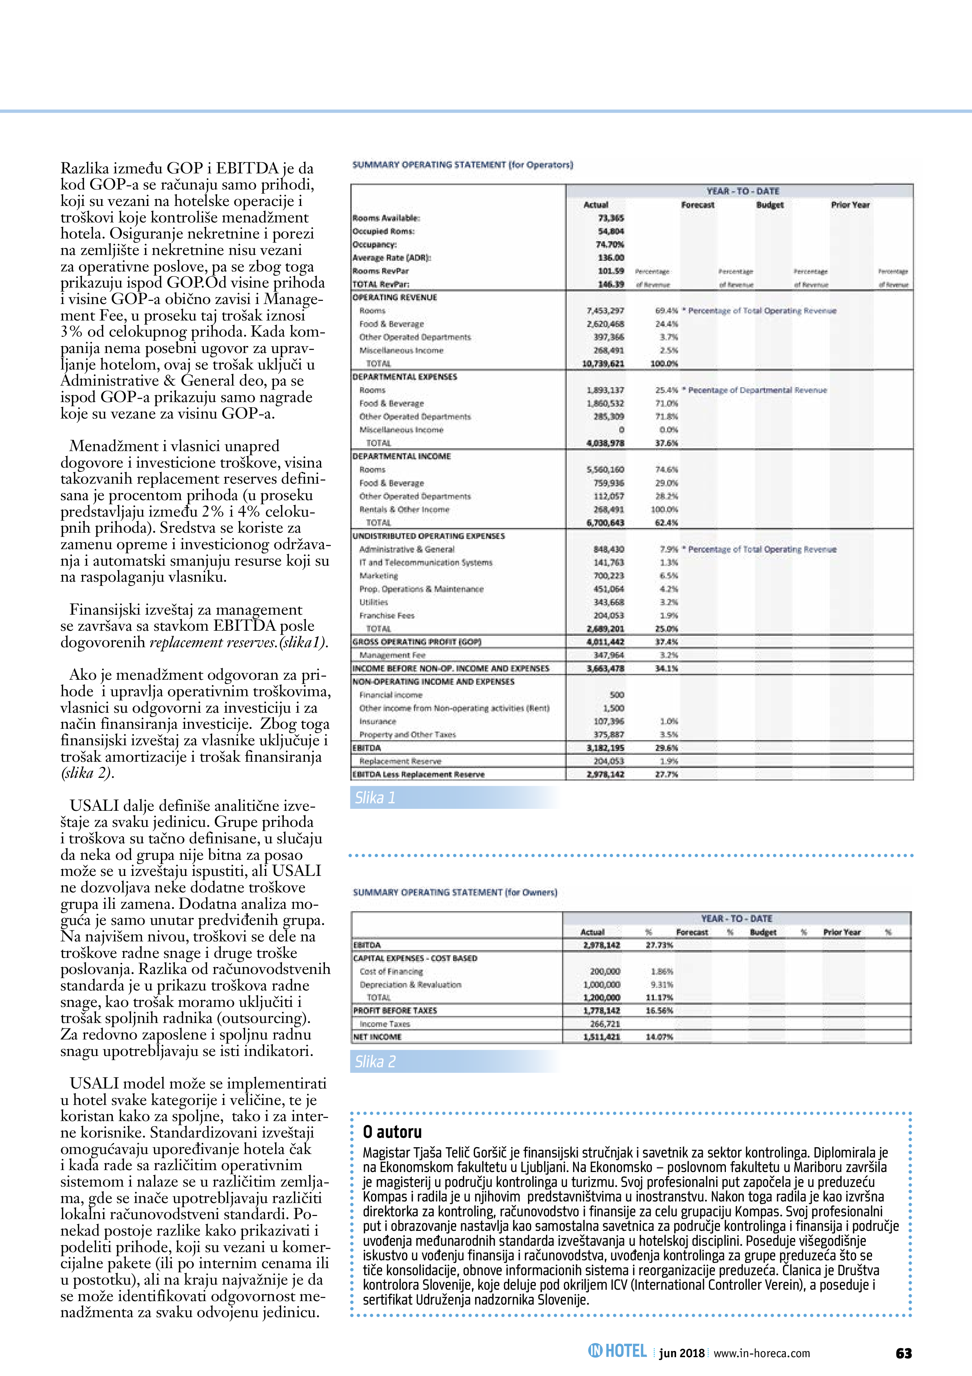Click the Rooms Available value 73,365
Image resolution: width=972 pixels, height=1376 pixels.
click(611, 218)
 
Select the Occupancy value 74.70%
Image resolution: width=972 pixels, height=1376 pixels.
click(611, 244)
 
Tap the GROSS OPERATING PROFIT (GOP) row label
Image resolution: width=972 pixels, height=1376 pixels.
click(417, 642)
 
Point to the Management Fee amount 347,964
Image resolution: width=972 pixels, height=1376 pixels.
click(608, 655)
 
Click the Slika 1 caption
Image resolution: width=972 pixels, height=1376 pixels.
click(375, 798)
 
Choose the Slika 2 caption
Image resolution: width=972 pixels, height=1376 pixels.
click(375, 1062)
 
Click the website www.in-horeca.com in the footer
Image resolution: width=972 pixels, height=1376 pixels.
click(762, 1353)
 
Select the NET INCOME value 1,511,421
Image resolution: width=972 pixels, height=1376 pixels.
click(602, 1037)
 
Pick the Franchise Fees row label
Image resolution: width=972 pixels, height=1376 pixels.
click(387, 615)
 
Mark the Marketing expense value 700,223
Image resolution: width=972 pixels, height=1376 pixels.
click(608, 576)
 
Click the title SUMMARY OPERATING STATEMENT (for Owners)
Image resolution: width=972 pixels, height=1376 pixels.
click(455, 892)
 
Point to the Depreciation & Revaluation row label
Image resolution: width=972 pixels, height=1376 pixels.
click(410, 985)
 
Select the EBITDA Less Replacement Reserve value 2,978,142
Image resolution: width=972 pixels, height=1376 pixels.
click(606, 774)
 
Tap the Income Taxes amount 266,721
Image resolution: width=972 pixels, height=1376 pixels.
click(605, 1024)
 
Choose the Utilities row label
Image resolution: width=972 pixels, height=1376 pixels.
click(374, 602)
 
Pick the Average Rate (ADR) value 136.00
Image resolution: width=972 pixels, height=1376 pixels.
click(611, 258)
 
